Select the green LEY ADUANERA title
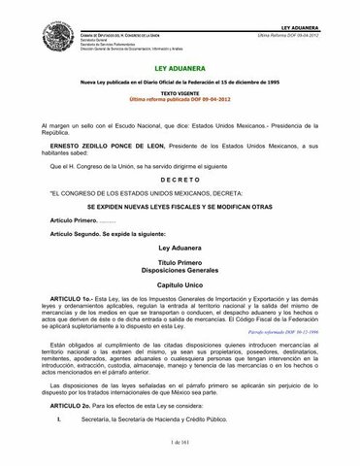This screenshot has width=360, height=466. coord(180,71)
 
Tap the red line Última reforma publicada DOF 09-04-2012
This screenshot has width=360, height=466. coord(180,100)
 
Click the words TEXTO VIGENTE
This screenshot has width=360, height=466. coord(180,94)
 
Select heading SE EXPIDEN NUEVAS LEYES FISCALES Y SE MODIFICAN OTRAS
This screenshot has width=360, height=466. coord(180,206)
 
